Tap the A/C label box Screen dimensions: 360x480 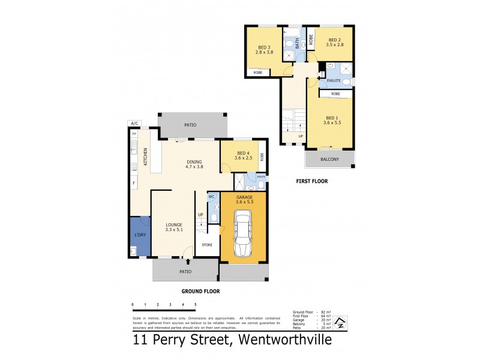point(134,124)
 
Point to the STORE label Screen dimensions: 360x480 point(207,245)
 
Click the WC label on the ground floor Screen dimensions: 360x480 point(212,197)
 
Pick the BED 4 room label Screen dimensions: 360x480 point(243,153)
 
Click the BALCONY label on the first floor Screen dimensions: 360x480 point(329,159)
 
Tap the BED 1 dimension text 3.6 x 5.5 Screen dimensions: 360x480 point(332,122)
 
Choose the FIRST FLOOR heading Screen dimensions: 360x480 point(311,181)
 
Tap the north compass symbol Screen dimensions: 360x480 point(340,323)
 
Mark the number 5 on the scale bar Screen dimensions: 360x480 point(196,305)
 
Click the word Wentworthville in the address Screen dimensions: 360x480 point(281,341)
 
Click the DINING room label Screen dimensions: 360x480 point(194,161)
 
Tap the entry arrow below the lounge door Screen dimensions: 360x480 point(189,262)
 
